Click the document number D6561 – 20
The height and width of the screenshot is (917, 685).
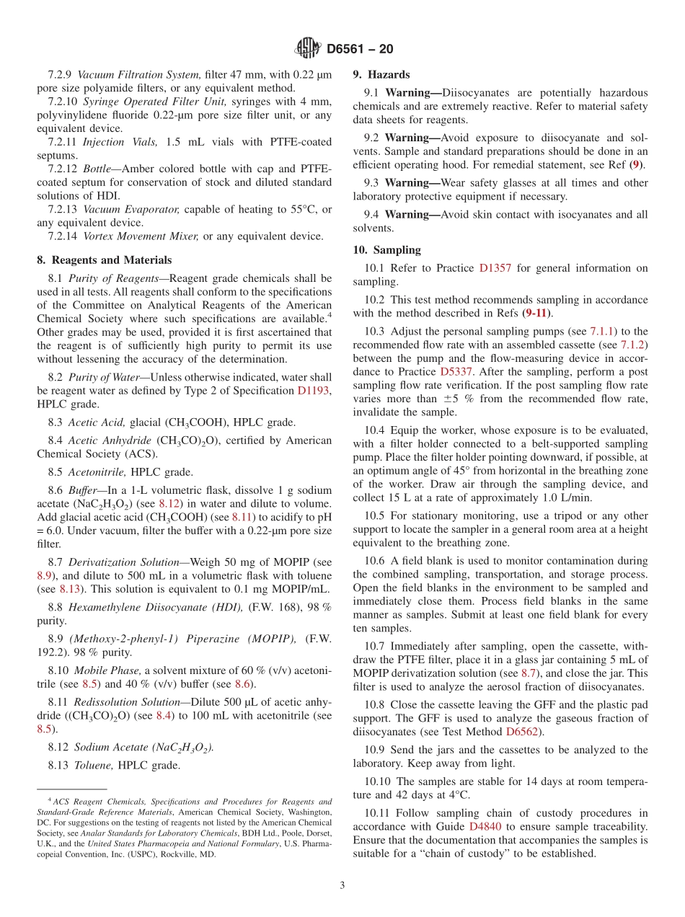pyautogui.click(x=360, y=50)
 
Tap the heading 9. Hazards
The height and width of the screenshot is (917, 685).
pyautogui.click(x=381, y=74)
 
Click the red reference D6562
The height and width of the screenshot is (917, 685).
pyautogui.click(x=525, y=732)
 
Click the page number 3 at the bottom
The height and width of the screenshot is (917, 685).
pyautogui.click(x=342, y=885)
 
